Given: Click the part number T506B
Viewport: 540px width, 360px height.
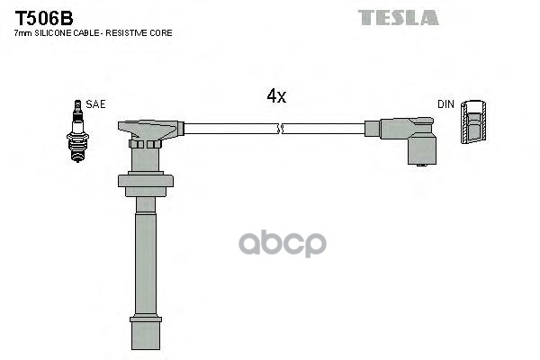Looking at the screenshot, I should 41,16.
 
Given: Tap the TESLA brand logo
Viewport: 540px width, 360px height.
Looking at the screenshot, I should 398,17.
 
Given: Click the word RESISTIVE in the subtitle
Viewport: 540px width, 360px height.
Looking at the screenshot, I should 136,32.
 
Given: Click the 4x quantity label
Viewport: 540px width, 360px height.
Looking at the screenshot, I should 275,96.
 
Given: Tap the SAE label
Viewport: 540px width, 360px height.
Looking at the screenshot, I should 96,104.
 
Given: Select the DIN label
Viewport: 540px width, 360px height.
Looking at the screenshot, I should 445,104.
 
